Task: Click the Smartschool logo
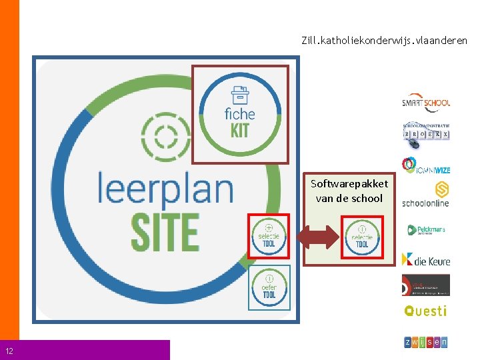click(425, 102)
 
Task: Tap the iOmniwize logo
click(425, 165)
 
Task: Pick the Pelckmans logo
click(425, 231)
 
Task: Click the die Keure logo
click(425, 259)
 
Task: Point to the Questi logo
click(425, 311)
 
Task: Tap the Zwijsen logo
click(425, 342)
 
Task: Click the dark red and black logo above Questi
click(425, 285)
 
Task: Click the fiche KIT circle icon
click(240, 113)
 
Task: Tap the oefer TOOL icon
click(269, 287)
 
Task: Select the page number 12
click(9, 351)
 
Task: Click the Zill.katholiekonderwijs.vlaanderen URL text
click(384, 41)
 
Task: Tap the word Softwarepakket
click(349, 184)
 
